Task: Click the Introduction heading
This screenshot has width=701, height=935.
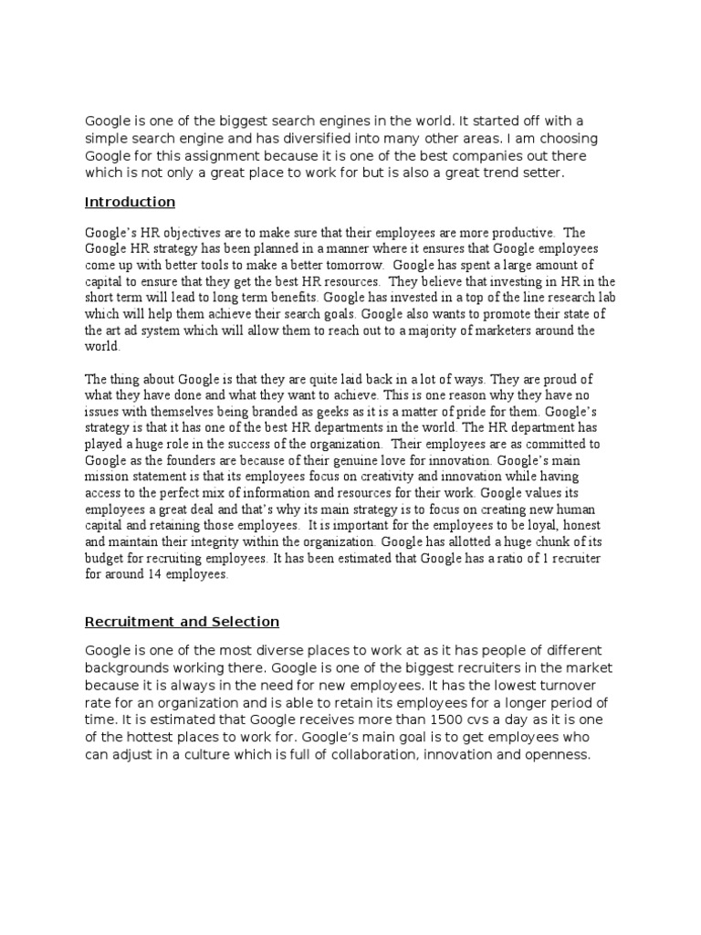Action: [130, 202]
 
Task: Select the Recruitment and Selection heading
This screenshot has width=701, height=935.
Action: [182, 622]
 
